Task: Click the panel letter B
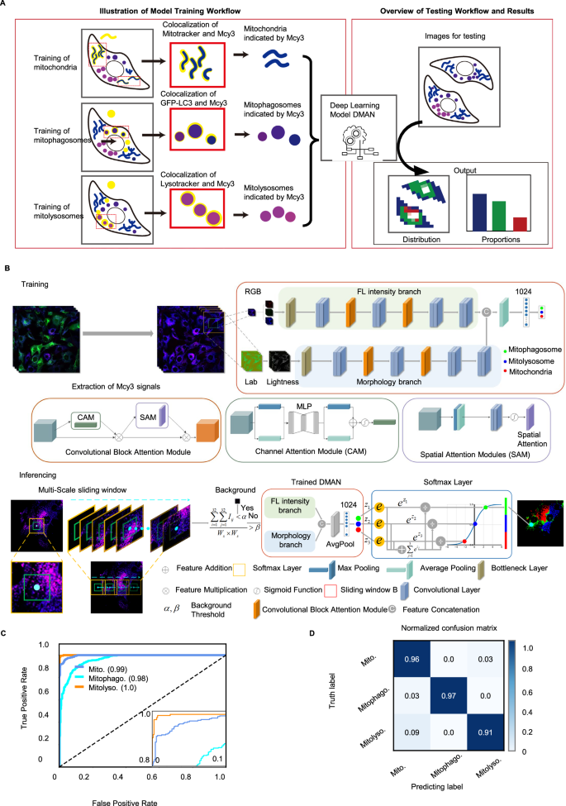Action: (7, 269)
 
